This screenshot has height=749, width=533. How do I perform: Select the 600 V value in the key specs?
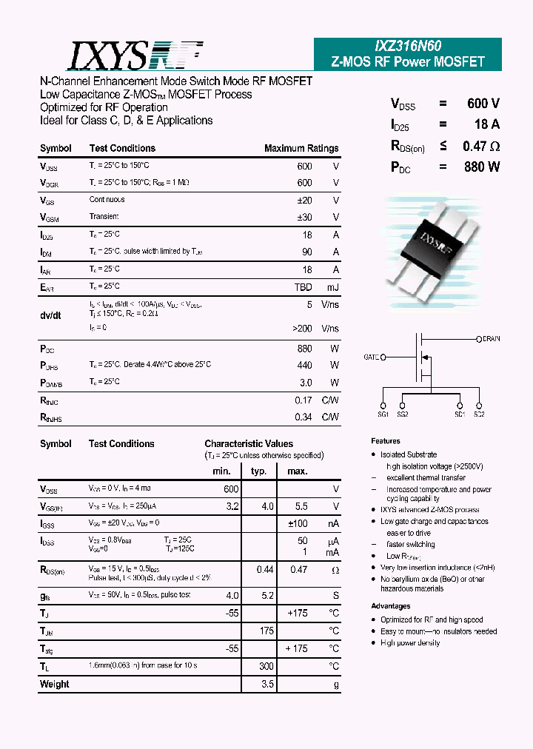(x=483, y=104)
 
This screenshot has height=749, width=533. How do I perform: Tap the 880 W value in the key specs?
(x=482, y=167)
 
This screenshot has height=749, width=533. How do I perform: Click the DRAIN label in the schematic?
(x=491, y=339)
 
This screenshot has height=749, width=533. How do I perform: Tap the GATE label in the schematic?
(x=372, y=357)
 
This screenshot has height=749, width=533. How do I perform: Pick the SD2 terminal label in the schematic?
(x=479, y=414)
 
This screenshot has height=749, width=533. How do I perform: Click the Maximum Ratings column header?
(x=301, y=148)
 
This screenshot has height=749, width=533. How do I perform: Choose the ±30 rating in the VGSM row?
(x=304, y=217)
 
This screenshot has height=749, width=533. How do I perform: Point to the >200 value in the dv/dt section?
(x=302, y=327)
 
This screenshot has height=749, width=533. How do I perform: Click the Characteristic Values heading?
(x=249, y=444)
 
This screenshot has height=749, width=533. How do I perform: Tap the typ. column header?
(x=258, y=471)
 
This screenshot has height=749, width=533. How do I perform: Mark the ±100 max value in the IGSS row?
(x=297, y=524)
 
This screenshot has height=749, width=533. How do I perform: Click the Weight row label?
(x=54, y=684)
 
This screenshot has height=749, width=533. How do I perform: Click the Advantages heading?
(x=391, y=606)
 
